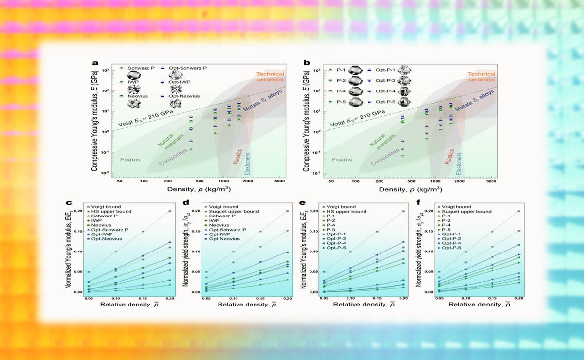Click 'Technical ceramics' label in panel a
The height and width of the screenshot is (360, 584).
270,77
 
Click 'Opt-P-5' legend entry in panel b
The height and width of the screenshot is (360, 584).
386,102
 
